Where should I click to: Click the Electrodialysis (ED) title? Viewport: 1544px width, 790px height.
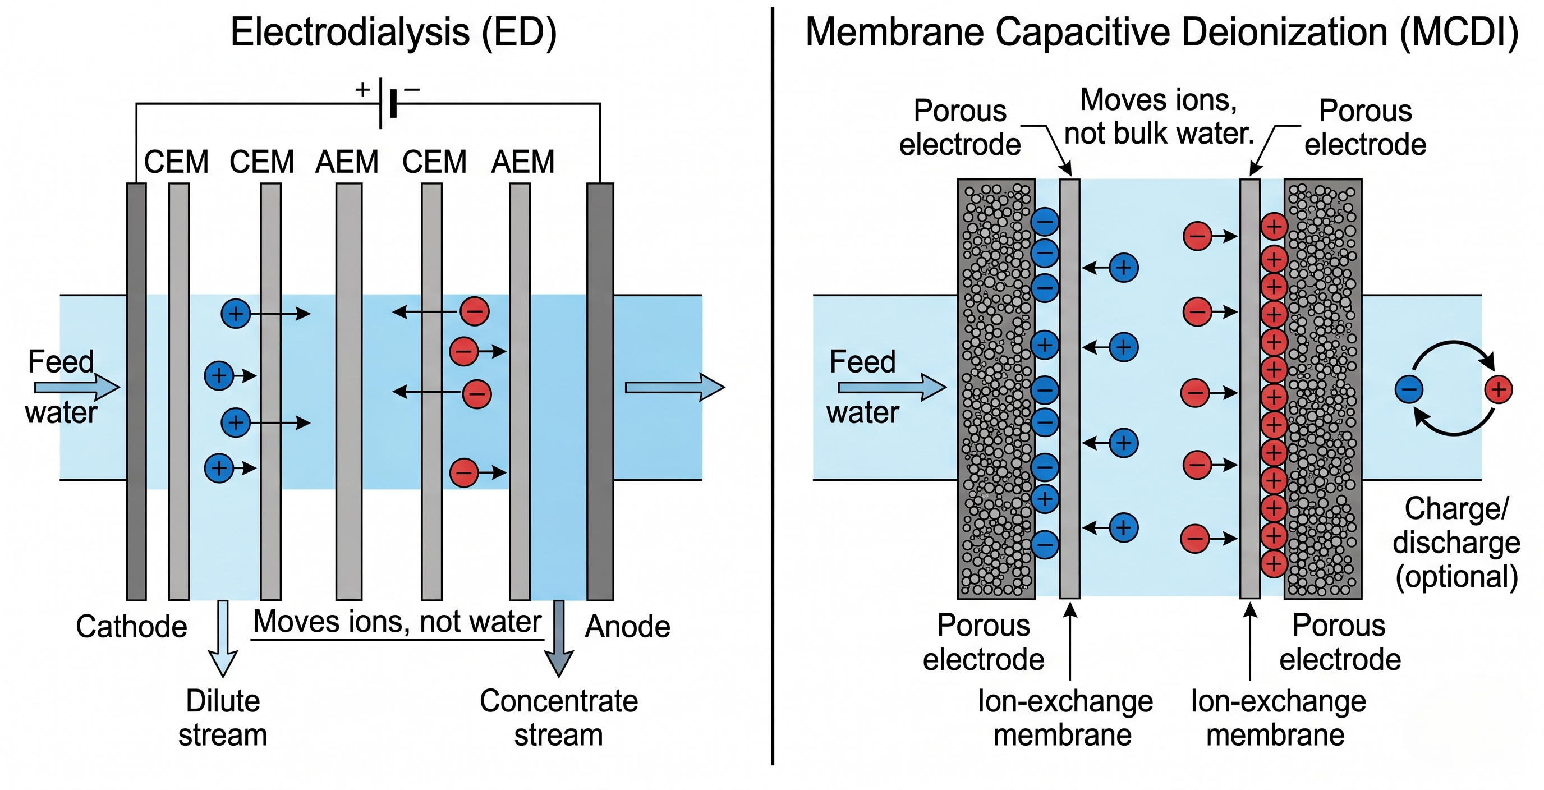pos(393,33)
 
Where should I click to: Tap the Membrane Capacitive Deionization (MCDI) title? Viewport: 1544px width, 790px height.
pos(1161,33)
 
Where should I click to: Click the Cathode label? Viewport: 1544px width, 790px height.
pos(131,626)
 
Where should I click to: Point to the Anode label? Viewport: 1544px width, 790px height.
pos(627,626)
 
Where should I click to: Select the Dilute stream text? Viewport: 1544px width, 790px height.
pos(222,718)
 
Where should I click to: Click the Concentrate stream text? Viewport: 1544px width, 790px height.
pos(558,718)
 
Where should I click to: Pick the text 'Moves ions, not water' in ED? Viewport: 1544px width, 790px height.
pos(397,622)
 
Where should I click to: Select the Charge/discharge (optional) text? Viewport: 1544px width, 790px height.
pos(1456,543)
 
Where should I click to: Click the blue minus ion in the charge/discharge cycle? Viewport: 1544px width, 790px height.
pos(1409,389)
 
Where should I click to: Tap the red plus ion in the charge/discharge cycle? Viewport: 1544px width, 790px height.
pos(1498,389)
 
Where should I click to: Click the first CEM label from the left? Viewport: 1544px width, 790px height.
pos(176,162)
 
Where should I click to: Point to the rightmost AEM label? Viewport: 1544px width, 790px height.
pos(523,162)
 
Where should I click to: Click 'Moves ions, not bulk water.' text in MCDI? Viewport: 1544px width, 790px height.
pos(1159,116)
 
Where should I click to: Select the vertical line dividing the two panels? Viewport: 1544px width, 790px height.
pos(773,384)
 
